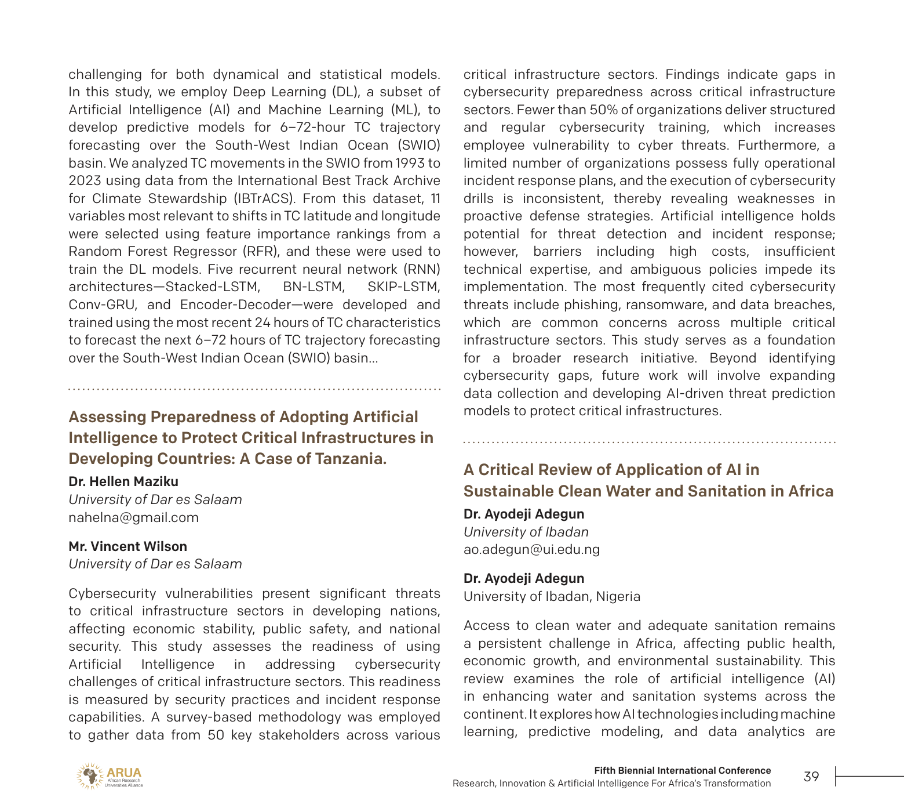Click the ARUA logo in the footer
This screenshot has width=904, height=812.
coord(110,776)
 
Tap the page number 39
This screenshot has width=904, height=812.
coord(811,777)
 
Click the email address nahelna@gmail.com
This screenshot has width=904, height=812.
coord(133,517)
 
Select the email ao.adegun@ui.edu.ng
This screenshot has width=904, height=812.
coord(531,549)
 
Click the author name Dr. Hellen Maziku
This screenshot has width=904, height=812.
coord(123,481)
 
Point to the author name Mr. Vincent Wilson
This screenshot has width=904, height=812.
coord(127,546)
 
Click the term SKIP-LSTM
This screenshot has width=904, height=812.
coord(404,287)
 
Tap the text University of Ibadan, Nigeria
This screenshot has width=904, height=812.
coord(552,596)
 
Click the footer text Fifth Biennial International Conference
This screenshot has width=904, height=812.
coord(682,770)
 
